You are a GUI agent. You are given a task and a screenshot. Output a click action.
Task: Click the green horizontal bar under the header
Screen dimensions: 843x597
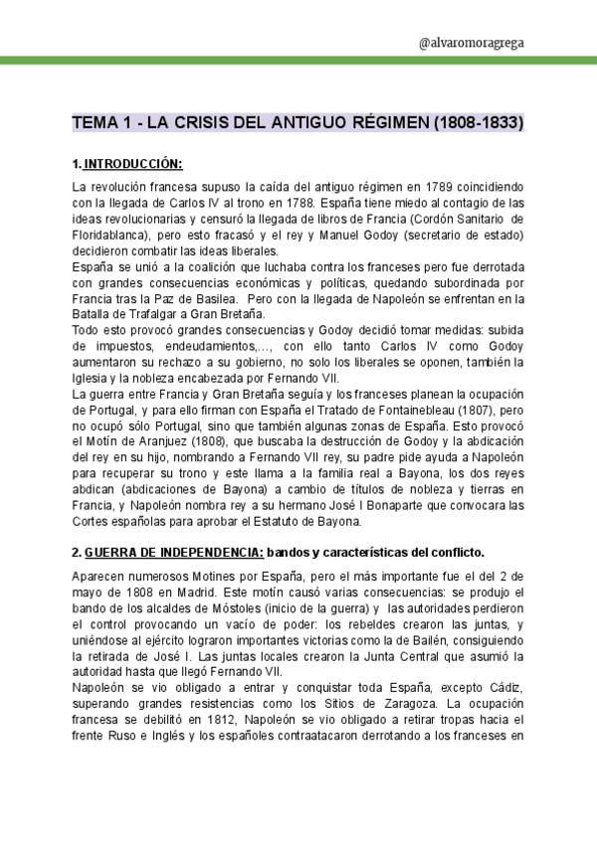point(298,62)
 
